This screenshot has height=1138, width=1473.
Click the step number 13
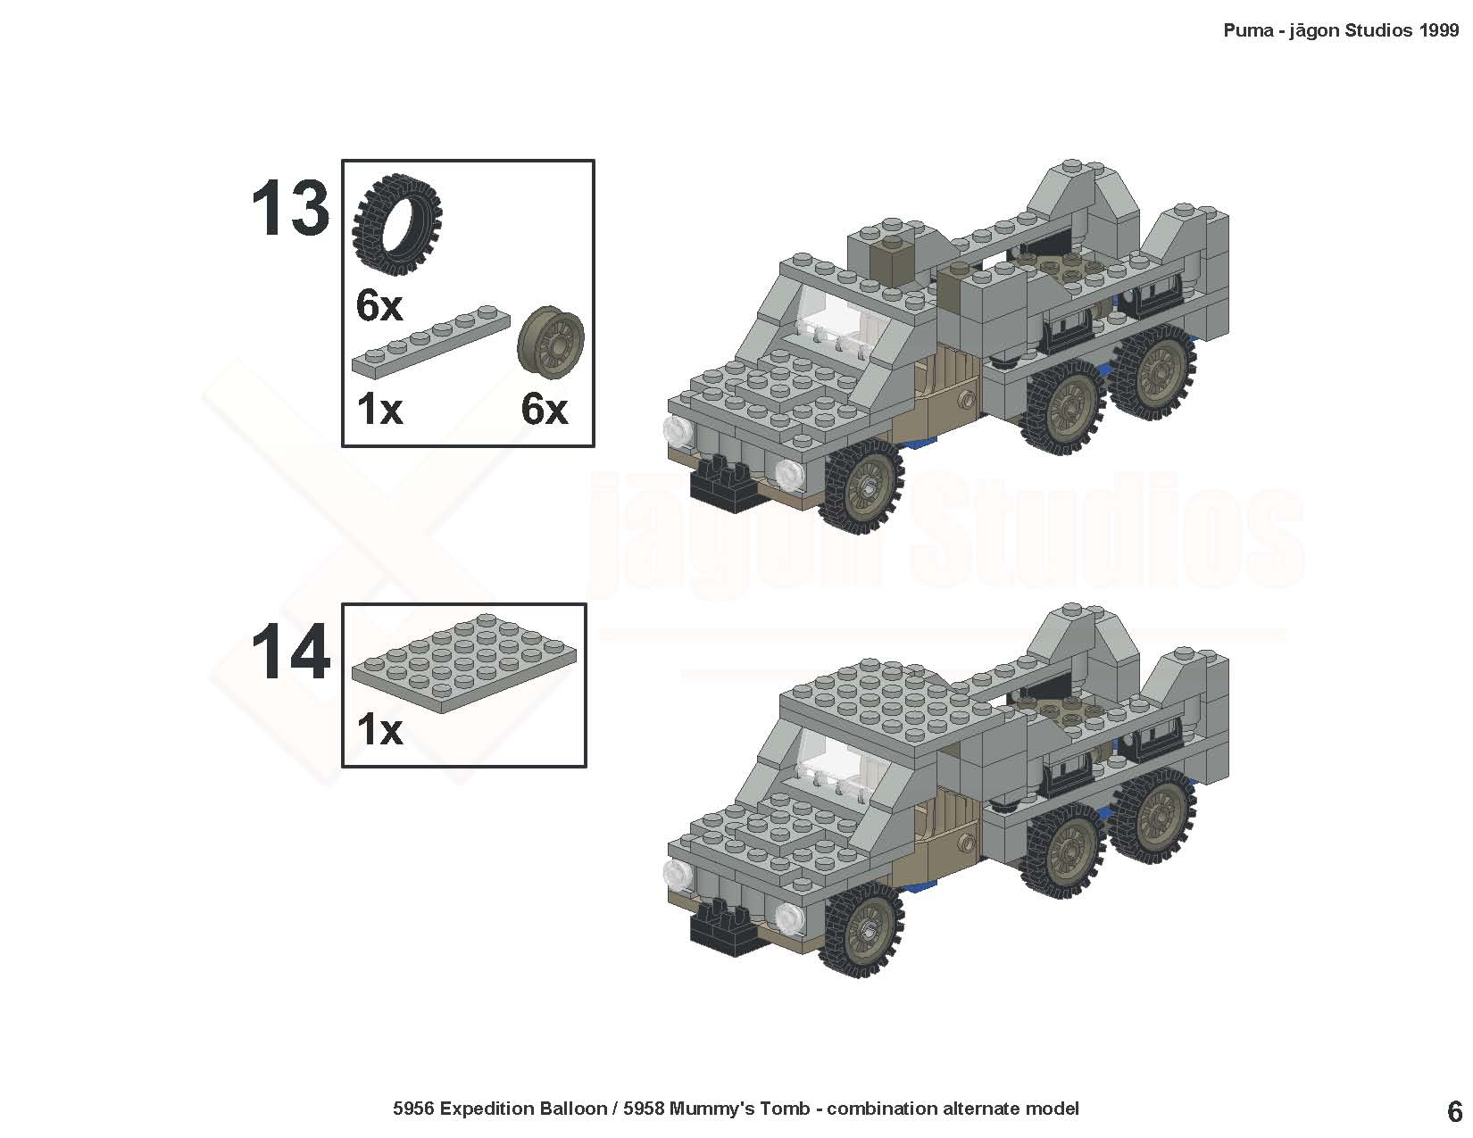tap(290, 207)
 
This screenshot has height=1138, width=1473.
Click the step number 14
tap(291, 652)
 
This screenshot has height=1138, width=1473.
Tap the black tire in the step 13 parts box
tap(397, 224)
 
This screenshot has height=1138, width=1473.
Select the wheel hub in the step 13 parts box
tap(551, 342)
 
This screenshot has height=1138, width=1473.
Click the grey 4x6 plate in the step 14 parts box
tap(463, 663)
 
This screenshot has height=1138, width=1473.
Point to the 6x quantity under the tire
tap(379, 305)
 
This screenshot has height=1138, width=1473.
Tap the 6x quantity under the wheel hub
tap(545, 410)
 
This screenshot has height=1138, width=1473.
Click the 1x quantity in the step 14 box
tap(379, 730)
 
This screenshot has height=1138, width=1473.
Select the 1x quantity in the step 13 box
tap(379, 410)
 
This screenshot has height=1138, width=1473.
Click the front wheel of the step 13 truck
tap(861, 486)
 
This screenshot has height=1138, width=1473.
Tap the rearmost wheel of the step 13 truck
tap(1153, 372)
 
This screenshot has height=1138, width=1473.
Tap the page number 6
tap(1454, 1112)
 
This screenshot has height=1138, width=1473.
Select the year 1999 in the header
tap(1440, 30)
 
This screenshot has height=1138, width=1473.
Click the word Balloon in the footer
tap(573, 1109)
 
